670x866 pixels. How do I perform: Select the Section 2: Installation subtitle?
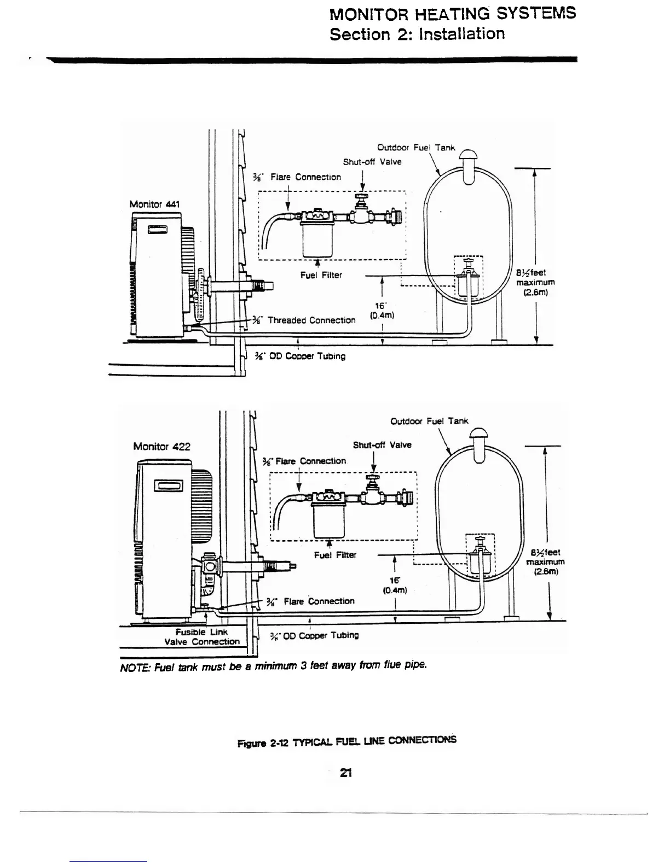[x=417, y=34]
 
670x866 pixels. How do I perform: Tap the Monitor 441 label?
[x=154, y=204]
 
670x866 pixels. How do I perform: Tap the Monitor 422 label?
[x=161, y=446]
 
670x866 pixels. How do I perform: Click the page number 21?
[x=345, y=773]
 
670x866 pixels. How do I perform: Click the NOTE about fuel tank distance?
[x=272, y=666]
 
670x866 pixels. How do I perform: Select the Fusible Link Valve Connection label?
[x=201, y=637]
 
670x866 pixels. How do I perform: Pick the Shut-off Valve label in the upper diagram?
[x=372, y=162]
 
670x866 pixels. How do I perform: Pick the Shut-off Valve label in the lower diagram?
[x=382, y=445]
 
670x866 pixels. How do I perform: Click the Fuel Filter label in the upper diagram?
[x=321, y=274]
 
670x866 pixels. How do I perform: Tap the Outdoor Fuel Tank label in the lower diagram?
[x=429, y=421]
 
